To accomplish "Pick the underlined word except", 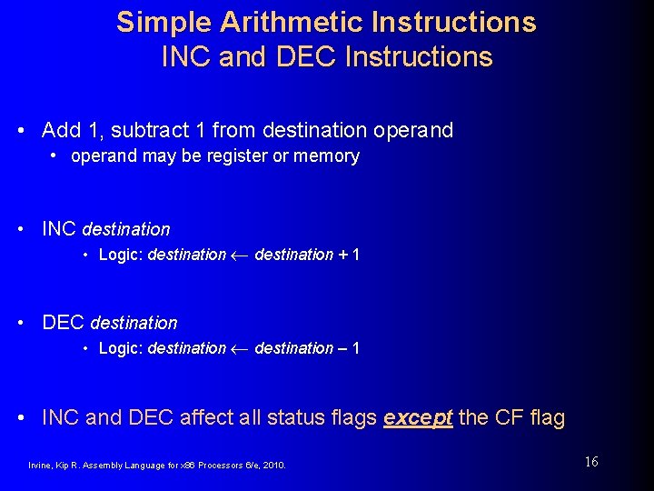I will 418,418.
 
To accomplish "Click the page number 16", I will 591,462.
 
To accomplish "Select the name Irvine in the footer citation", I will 41,466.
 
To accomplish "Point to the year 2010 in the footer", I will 272,466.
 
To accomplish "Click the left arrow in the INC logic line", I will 240,256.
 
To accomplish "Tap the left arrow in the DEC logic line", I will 240,349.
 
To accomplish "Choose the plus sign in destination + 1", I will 342,256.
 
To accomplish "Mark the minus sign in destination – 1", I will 342,349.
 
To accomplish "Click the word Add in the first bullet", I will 61,130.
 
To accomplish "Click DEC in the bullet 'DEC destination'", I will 64,323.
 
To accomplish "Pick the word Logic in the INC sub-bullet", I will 120,256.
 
